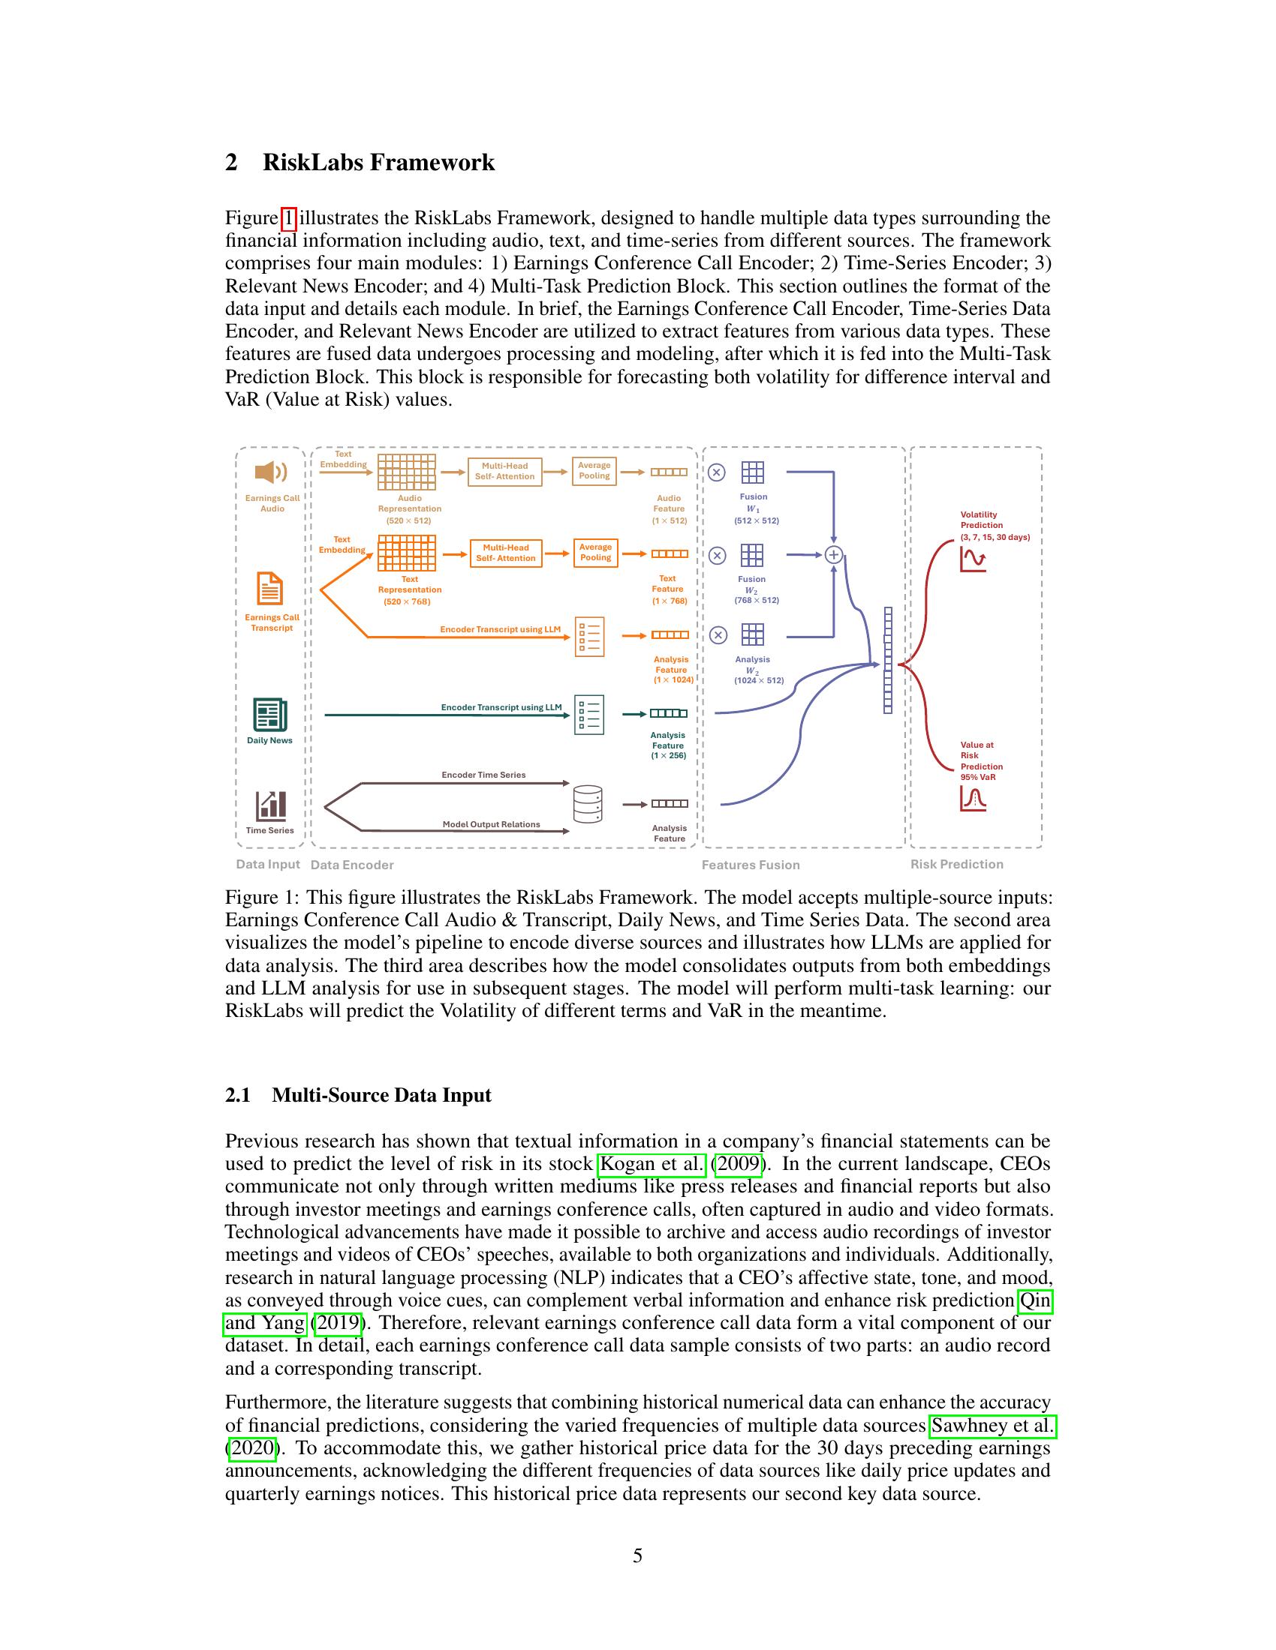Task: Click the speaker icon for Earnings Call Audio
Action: pyautogui.click(x=271, y=472)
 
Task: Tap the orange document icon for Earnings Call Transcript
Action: pyautogui.click(x=270, y=589)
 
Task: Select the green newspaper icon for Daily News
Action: pyautogui.click(x=270, y=714)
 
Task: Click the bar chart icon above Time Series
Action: pyautogui.click(x=270, y=805)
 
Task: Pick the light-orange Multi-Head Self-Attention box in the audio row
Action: pyautogui.click(x=505, y=472)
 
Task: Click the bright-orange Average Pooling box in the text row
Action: pyautogui.click(x=596, y=553)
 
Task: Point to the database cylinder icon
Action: pyautogui.click(x=588, y=804)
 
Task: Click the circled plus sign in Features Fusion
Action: pyautogui.click(x=833, y=554)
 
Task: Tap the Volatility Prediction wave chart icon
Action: pyautogui.click(x=973, y=559)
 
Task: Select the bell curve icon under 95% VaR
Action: pyautogui.click(x=973, y=799)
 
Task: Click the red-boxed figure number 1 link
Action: pyautogui.click(x=288, y=218)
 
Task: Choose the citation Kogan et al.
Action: pyautogui.click(x=652, y=1163)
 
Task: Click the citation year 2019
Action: pyautogui.click(x=338, y=1323)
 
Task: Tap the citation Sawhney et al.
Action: pyautogui.click(x=992, y=1426)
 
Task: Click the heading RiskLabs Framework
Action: pyautogui.click(x=378, y=163)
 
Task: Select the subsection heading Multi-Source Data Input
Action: pyautogui.click(x=381, y=1095)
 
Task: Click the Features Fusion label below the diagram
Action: pyautogui.click(x=750, y=865)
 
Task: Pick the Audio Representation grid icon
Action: pyautogui.click(x=407, y=472)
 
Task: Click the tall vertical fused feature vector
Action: pyautogui.click(x=887, y=660)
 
